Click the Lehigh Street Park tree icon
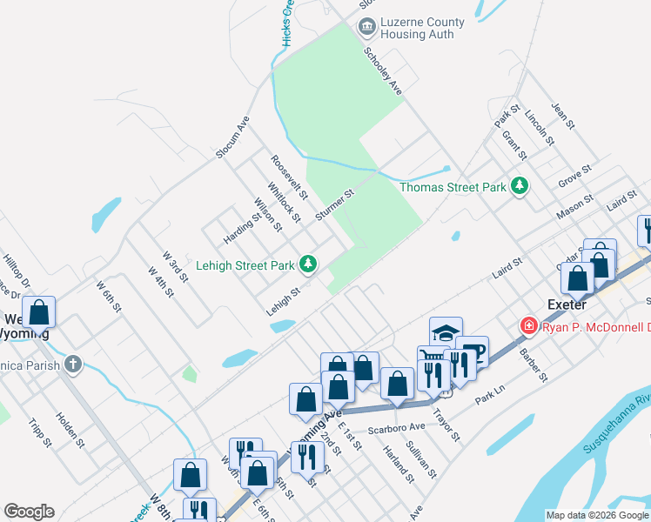pyautogui.click(x=307, y=263)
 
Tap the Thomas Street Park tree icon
pyautogui.click(x=520, y=186)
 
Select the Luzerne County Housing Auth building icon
pyautogui.click(x=366, y=28)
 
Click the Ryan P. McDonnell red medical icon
pyautogui.click(x=528, y=326)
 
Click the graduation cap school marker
pyautogui.click(x=445, y=332)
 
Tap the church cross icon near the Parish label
pyautogui.click(x=75, y=364)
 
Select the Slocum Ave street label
pyautogui.click(x=233, y=137)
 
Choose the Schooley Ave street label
pyautogui.click(x=382, y=71)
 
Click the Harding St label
pyautogui.click(x=242, y=229)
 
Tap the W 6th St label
pyautogui.click(x=111, y=298)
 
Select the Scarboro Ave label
pyautogui.click(x=395, y=427)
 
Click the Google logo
pyautogui.click(x=29, y=512)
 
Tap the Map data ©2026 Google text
pyautogui.click(x=596, y=515)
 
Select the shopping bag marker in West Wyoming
pyautogui.click(x=39, y=312)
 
